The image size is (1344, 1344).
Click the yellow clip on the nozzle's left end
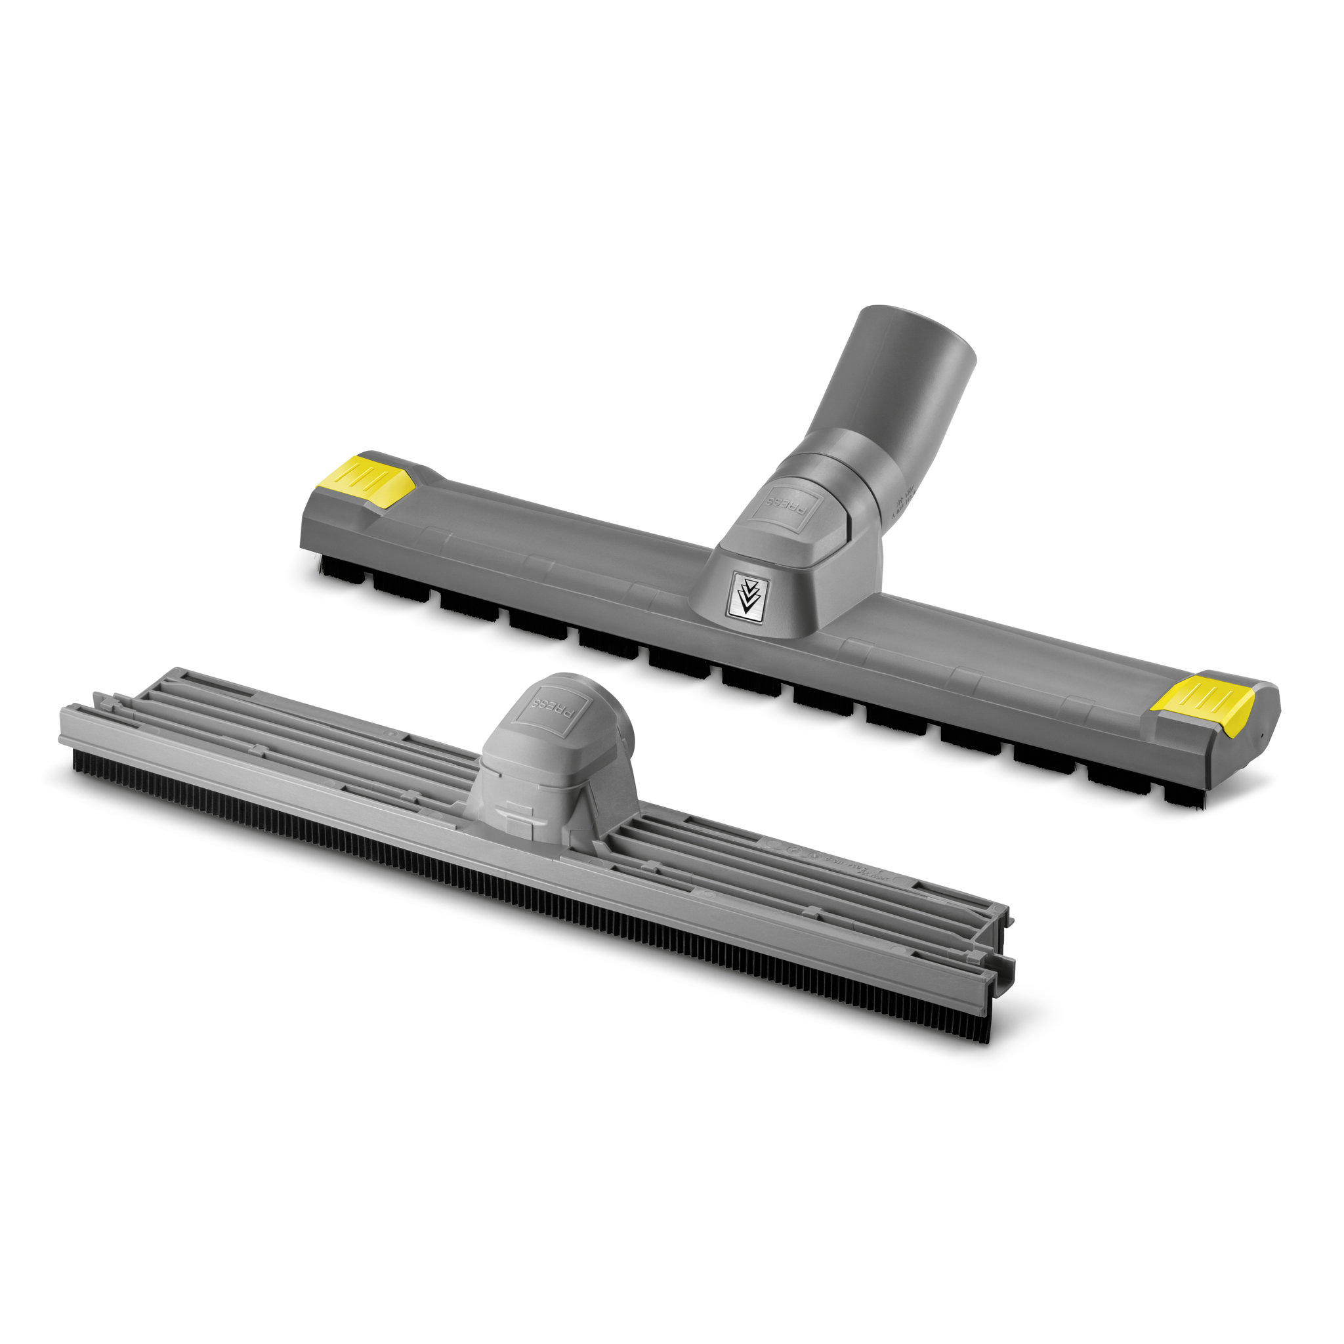click(367, 479)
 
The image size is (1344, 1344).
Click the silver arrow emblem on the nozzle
click(745, 592)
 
